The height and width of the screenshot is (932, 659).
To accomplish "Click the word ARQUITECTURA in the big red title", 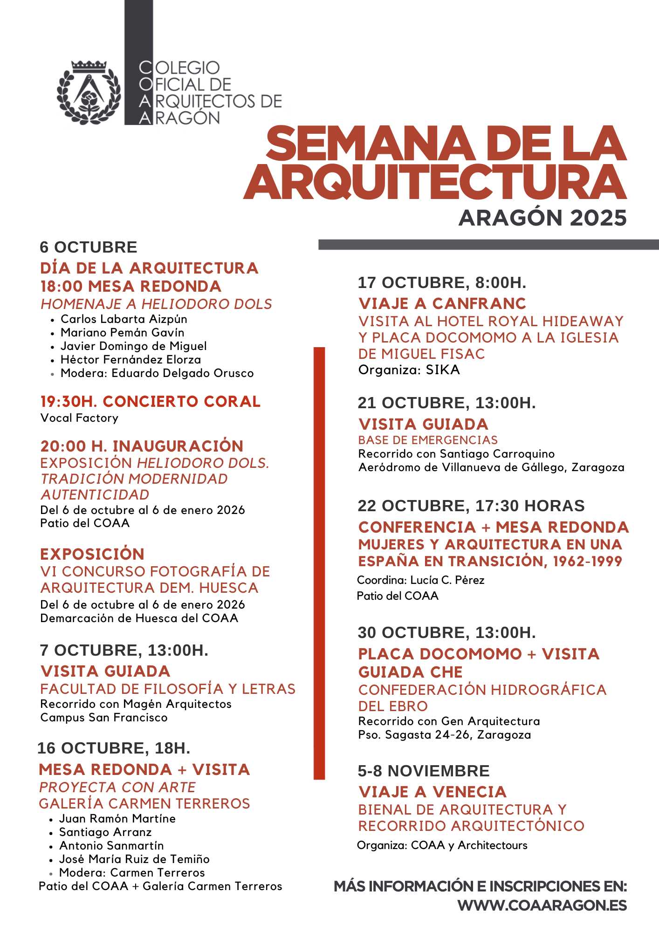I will pos(435,182).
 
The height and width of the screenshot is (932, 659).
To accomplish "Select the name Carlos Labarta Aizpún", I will pos(124,319).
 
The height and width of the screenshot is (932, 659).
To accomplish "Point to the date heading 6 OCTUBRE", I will pos(89,247).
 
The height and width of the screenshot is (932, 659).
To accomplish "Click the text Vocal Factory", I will pos(79,418).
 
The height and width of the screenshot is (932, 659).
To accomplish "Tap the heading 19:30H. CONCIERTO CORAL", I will pos(150,401).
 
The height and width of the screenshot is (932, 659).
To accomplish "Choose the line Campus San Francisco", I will pos(104,718).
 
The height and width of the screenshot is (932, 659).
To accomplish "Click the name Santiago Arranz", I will pos(105,832).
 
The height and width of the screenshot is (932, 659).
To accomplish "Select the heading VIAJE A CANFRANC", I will pos(442,303).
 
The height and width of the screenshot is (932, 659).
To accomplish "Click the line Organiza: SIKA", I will pos(409,370).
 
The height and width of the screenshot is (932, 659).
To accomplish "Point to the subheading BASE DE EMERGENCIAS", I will pos(428,440).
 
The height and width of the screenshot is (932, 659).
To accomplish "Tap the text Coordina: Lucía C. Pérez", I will pos(420,580).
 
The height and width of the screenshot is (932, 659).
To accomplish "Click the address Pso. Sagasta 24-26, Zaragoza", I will pos(445,735).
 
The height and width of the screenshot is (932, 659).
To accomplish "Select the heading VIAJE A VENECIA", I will pos(432,792).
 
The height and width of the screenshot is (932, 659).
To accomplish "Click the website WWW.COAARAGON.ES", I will pos(542,905).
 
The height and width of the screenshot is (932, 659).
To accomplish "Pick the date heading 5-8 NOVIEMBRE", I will pos(424,771).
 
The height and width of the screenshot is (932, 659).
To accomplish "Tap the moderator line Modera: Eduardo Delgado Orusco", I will pos(157,373).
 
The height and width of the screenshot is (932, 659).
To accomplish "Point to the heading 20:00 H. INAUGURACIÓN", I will pos(142,446).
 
